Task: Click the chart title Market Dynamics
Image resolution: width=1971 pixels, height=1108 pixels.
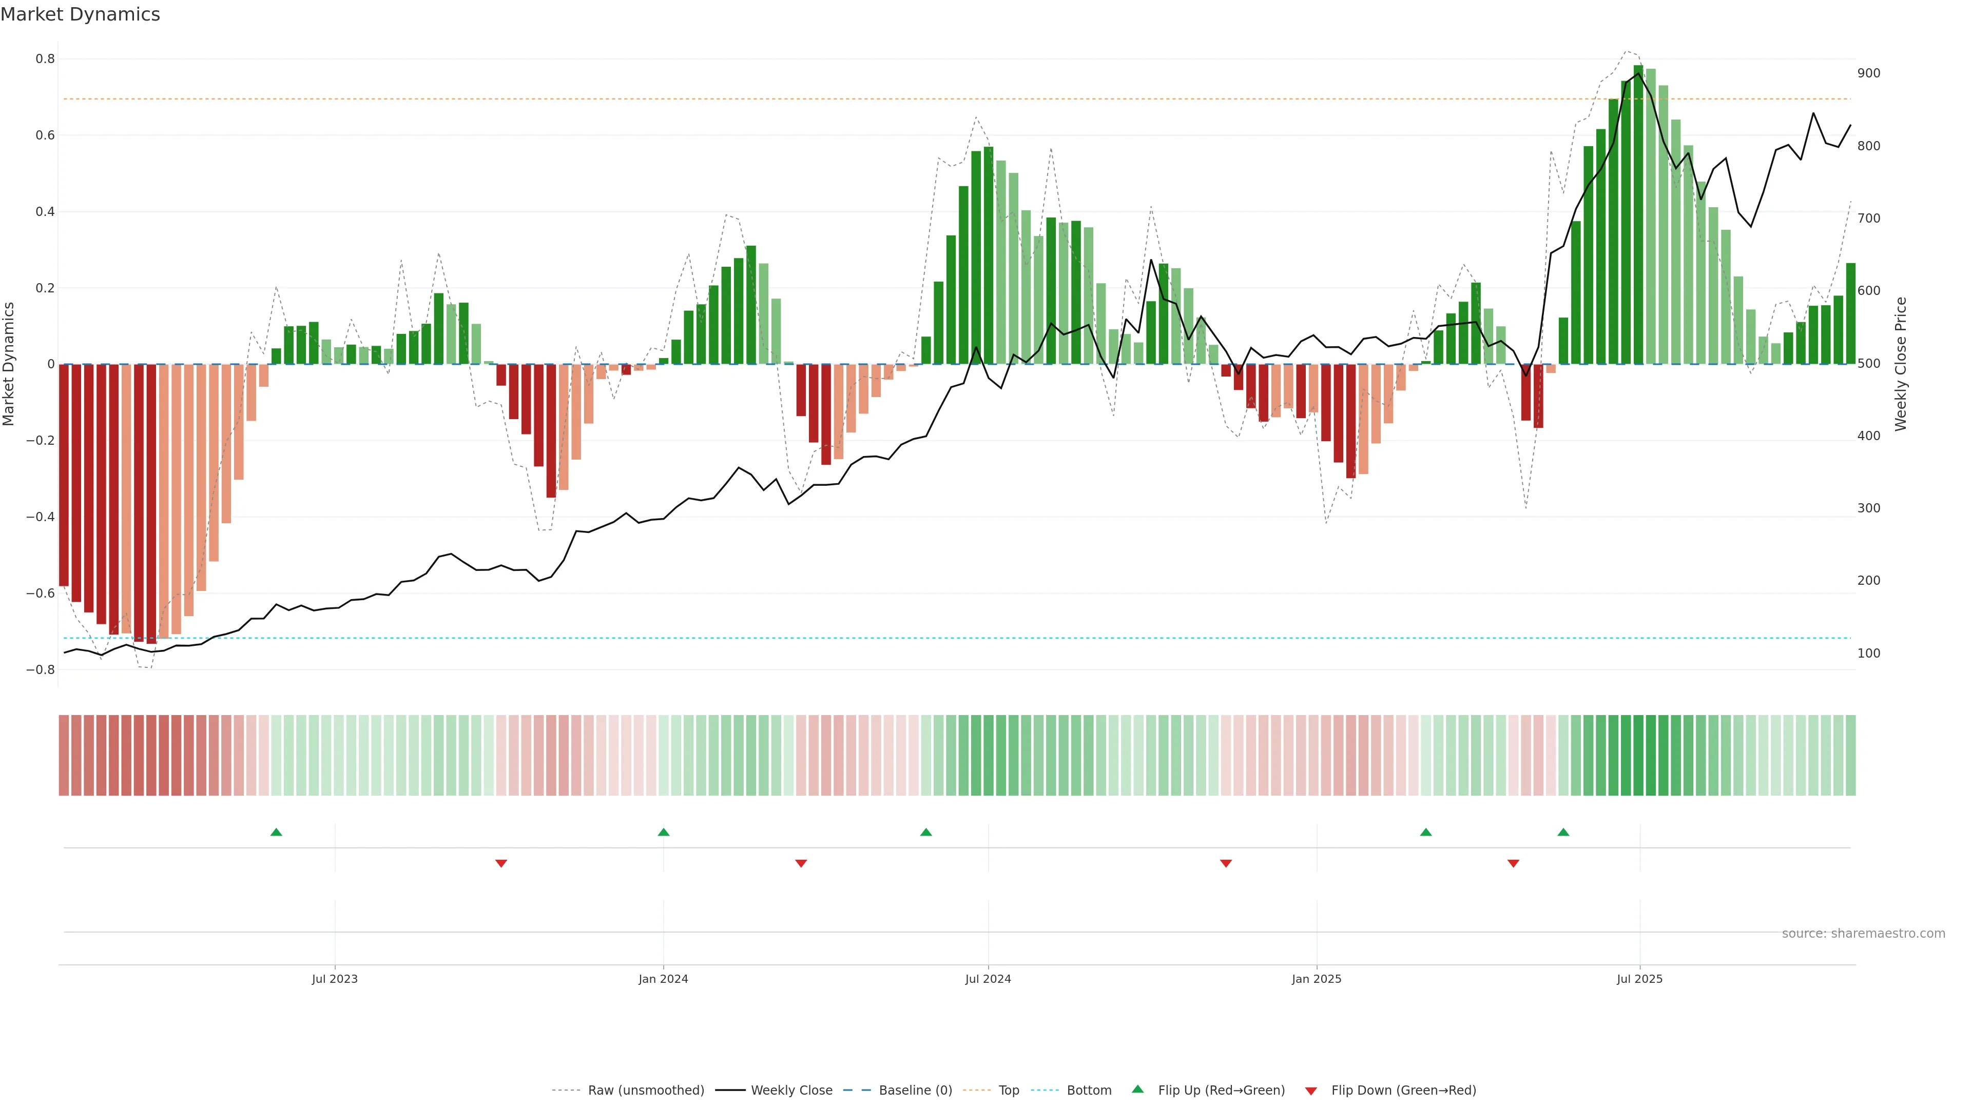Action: pyautogui.click(x=81, y=14)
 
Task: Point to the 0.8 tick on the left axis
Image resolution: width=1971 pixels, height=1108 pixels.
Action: pyautogui.click(x=45, y=59)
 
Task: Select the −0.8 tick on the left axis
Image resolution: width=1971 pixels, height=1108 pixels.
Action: pyautogui.click(x=41, y=670)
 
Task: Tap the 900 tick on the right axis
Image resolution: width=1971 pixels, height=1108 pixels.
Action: pyautogui.click(x=1868, y=73)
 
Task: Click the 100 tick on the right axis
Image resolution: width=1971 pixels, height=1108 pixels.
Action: pyautogui.click(x=1868, y=653)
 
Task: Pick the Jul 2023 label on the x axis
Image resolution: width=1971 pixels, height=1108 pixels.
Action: pyautogui.click(x=334, y=979)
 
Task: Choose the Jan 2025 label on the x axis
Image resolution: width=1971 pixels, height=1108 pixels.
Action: pyautogui.click(x=1316, y=979)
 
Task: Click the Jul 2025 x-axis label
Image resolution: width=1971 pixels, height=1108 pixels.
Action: pyautogui.click(x=1639, y=979)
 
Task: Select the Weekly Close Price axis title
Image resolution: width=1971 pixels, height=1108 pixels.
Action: pyautogui.click(x=1901, y=364)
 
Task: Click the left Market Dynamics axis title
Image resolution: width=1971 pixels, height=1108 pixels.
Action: pyautogui.click(x=9, y=364)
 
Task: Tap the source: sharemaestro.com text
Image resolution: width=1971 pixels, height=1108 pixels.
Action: pyautogui.click(x=1863, y=934)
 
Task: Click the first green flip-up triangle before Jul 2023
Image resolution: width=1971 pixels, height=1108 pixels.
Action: pyautogui.click(x=276, y=832)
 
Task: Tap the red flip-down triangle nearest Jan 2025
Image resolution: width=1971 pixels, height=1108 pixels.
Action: pyautogui.click(x=1226, y=863)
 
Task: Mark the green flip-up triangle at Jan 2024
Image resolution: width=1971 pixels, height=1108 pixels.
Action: pyautogui.click(x=663, y=832)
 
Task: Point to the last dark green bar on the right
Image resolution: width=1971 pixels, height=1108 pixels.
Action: pyautogui.click(x=1850, y=313)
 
